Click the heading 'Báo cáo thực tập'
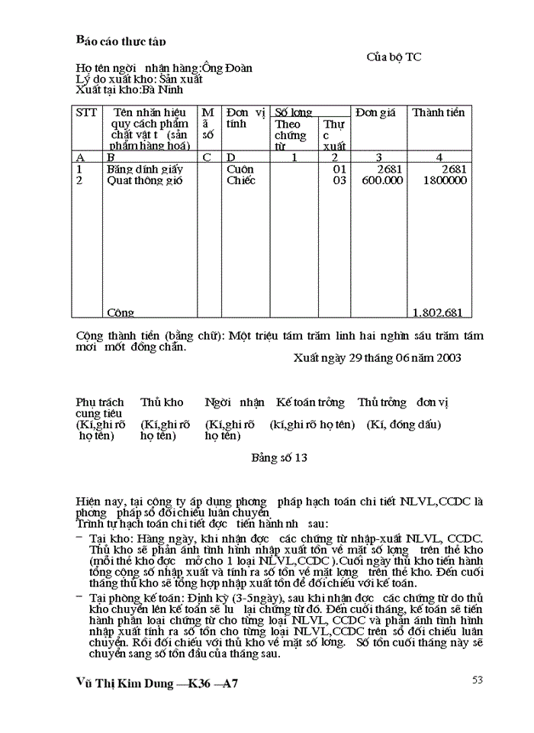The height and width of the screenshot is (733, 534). pyautogui.click(x=121, y=40)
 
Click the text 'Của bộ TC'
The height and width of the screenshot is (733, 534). pyautogui.click(x=394, y=57)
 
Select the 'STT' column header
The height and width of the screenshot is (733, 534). pyautogui.click(x=87, y=113)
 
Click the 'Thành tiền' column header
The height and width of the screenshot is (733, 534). pyautogui.click(x=438, y=113)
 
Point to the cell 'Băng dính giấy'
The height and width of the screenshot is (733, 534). pyautogui.click(x=138, y=169)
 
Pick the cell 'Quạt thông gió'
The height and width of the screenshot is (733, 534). pyautogui.click(x=139, y=181)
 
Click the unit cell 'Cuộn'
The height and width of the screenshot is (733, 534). pyautogui.click(x=240, y=169)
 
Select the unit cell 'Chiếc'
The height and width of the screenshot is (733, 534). pyautogui.click(x=241, y=181)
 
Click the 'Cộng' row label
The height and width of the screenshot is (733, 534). pyautogui.click(x=121, y=312)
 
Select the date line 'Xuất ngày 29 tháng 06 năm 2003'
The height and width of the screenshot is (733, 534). pyautogui.click(x=377, y=357)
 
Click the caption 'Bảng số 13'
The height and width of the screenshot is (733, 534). pyautogui.click(x=279, y=458)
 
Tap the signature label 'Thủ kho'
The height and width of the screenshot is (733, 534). pyautogui.click(x=162, y=402)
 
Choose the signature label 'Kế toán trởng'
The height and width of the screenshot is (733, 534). pyautogui.click(x=310, y=402)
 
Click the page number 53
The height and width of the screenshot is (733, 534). pyautogui.click(x=478, y=680)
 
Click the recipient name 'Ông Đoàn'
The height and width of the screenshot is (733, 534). pyautogui.click(x=228, y=68)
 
